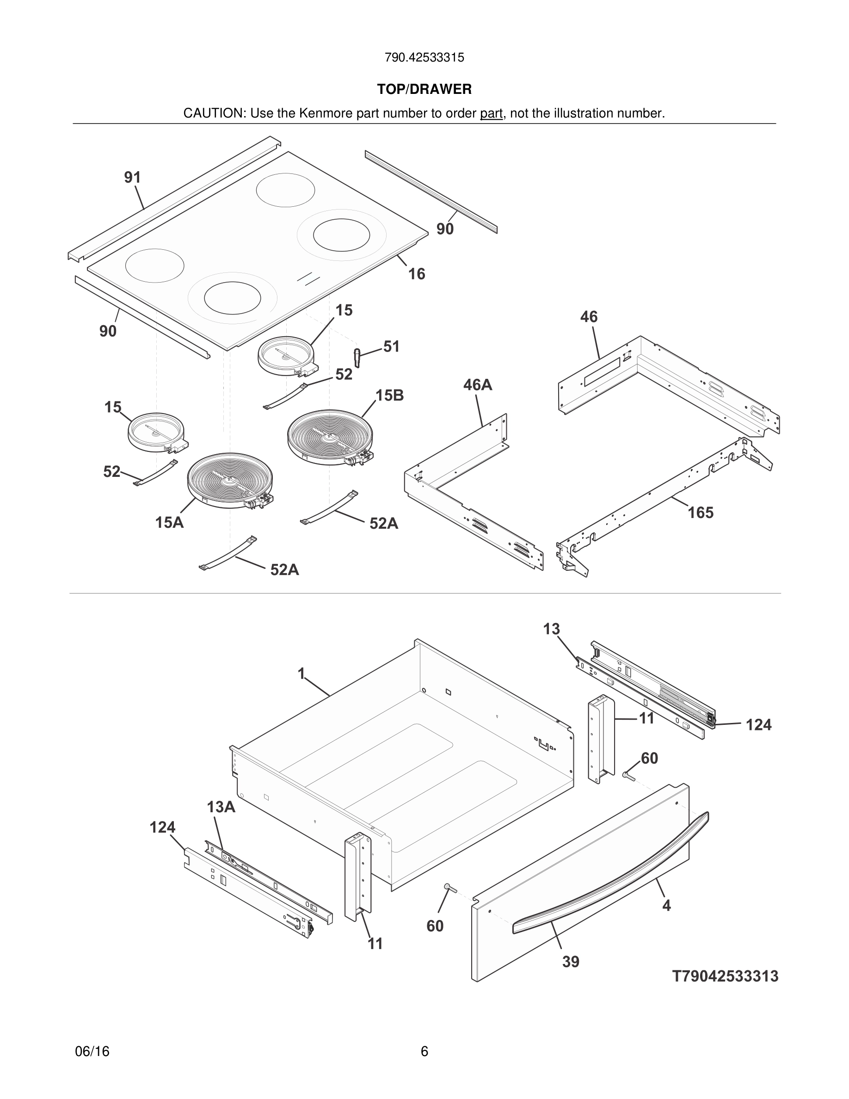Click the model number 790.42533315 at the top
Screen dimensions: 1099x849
(424, 57)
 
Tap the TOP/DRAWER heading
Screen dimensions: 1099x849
(424, 89)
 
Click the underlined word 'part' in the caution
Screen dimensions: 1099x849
(491, 113)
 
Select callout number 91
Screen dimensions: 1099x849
(132, 177)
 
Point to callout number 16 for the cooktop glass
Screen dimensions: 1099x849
(417, 274)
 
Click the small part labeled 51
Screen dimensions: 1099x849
(357, 357)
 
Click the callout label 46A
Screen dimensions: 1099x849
(477, 385)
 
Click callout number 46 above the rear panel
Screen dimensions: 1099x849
(589, 316)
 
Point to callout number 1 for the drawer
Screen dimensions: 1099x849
(301, 673)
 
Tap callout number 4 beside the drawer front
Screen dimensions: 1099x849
(666, 905)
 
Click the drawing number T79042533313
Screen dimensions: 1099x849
(725, 976)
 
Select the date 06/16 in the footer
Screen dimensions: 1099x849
(92, 1051)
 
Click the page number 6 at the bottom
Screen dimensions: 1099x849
(424, 1051)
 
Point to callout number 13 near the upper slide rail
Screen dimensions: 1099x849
(551, 629)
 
